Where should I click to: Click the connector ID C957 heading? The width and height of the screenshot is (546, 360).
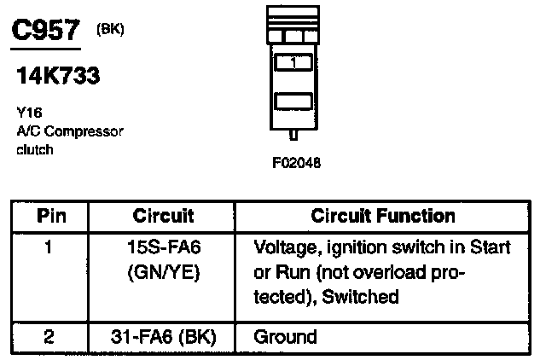tap(49, 32)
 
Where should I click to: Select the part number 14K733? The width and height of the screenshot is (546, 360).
tap(58, 76)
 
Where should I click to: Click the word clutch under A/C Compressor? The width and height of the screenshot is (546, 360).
tap(35, 149)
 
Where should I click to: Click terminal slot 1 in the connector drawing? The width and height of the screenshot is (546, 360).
tap(293, 62)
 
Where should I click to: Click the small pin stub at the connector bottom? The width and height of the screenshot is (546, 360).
tap(293, 135)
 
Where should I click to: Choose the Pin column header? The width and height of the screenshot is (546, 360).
tap(53, 217)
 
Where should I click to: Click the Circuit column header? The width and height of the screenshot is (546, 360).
tap(164, 217)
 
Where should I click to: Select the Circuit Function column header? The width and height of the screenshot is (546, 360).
tap(383, 217)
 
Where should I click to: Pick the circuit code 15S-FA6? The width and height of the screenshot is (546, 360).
tap(163, 247)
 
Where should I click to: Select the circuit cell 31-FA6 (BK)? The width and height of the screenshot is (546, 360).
tap(163, 336)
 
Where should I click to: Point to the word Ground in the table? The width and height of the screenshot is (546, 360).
tap(285, 336)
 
